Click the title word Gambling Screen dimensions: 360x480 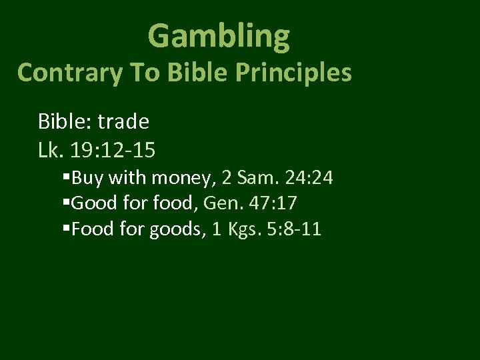point(219,36)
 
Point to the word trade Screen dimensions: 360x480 point(124,121)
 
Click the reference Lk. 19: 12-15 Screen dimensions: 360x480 point(97,150)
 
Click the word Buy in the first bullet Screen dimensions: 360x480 point(86,179)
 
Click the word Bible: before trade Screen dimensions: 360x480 point(65,121)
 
